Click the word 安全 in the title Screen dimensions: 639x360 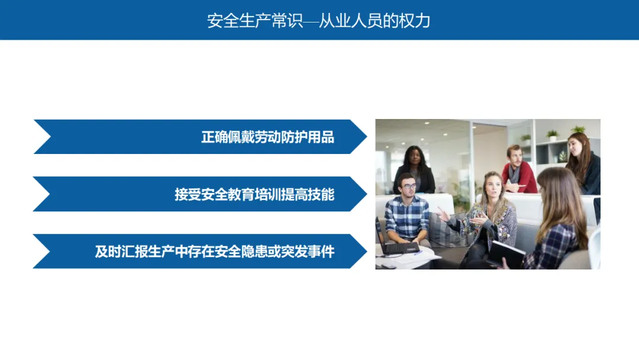click(x=223, y=21)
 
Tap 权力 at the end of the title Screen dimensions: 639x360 click(x=414, y=21)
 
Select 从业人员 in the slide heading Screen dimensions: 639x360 click(x=350, y=21)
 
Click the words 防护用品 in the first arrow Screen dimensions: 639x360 click(x=308, y=137)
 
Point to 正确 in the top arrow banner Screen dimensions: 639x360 click(x=214, y=137)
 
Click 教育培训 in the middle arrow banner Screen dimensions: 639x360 click(x=254, y=194)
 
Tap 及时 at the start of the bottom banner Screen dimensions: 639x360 click(x=108, y=252)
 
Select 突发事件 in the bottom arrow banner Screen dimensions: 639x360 click(x=308, y=252)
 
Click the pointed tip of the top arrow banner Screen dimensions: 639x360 click(x=366, y=137)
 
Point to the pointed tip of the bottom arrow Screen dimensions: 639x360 click(x=366, y=251)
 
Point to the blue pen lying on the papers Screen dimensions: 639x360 click(x=418, y=253)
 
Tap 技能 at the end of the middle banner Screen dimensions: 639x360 click(x=321, y=194)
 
